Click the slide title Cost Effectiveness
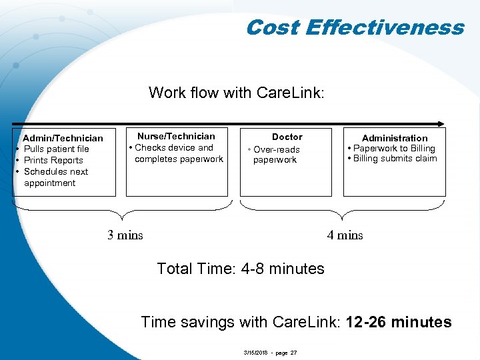[x=354, y=27]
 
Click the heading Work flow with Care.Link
[x=237, y=92]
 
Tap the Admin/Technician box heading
[x=63, y=138]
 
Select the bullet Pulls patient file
[x=56, y=149]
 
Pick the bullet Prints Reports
[x=53, y=160]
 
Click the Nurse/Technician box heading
[x=176, y=136]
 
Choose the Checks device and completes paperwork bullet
[x=176, y=153]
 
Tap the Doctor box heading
[x=287, y=137]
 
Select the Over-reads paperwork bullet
[x=275, y=155]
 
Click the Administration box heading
[x=395, y=138]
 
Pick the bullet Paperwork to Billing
[x=393, y=148]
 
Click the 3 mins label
[x=125, y=235]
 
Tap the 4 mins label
[x=345, y=235]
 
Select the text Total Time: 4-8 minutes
[x=240, y=269]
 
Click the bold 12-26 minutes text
[x=399, y=323]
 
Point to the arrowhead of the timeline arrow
[x=441, y=123]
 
